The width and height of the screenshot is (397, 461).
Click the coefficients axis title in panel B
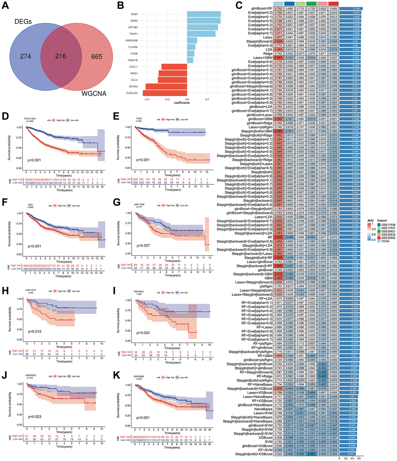point(179,103)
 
